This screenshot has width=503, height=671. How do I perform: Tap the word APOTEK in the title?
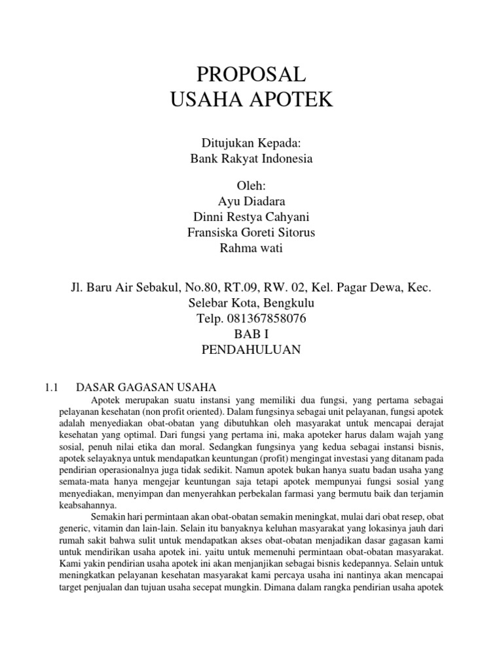(293, 100)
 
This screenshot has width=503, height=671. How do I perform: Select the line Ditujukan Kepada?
(251, 143)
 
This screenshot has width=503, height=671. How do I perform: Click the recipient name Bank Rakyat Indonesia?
(251, 159)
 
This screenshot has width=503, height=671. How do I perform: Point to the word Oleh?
(251, 186)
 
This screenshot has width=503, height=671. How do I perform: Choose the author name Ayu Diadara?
(251, 201)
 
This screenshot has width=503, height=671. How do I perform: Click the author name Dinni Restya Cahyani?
(251, 217)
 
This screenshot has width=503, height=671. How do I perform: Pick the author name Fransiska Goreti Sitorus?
(251, 232)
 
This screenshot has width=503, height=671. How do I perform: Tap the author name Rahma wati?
(251, 248)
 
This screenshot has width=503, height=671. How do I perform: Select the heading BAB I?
(251, 334)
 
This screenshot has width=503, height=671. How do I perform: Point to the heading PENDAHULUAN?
(251, 350)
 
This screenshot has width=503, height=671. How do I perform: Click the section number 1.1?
(52, 387)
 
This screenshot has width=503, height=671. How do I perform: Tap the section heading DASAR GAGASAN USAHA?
(146, 387)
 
